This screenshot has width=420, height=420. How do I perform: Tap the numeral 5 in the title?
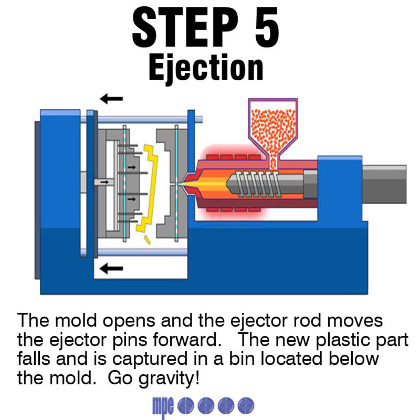tap(261, 27)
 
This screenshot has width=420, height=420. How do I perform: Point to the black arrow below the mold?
tap(111, 269)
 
